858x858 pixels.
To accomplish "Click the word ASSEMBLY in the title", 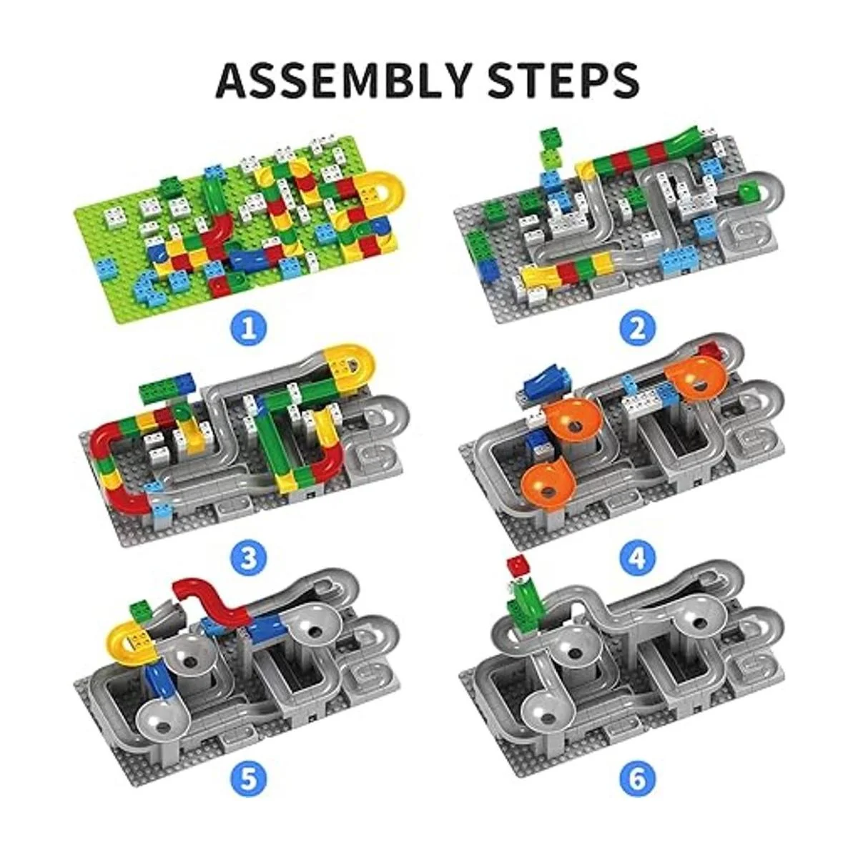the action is pos(343,81).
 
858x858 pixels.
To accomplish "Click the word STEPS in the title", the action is pos(564,81).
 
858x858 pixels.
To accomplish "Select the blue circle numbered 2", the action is pos(637,329).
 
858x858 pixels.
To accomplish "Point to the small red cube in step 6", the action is pos(516,566).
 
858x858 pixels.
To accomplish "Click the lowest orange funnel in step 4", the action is pos(546,485).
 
